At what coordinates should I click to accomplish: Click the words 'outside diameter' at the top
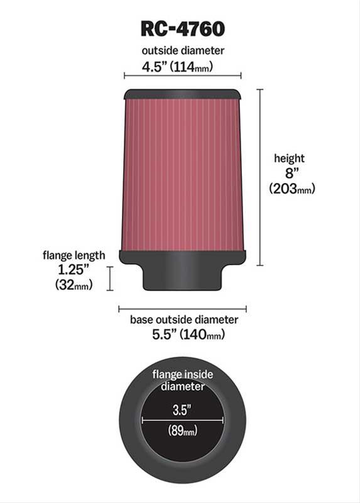[182, 50]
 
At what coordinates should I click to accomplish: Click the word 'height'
[288, 158]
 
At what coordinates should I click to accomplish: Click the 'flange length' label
[74, 255]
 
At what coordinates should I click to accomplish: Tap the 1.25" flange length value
[74, 270]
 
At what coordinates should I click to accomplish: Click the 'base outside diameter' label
[183, 319]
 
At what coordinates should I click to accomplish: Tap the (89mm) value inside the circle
[183, 431]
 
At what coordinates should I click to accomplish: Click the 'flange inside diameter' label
[183, 380]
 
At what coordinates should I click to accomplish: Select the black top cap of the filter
[182, 94]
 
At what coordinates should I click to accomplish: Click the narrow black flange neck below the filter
[182, 277]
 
